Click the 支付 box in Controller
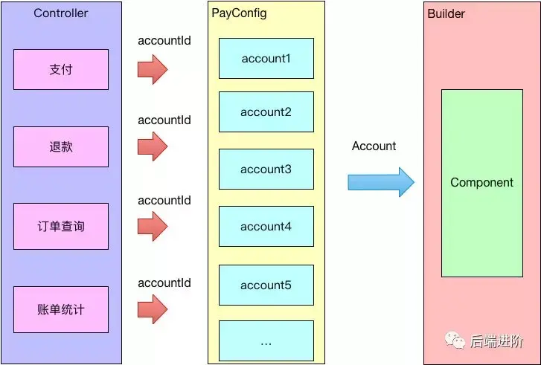(x=61, y=69)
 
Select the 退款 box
(x=61, y=146)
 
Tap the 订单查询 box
(x=61, y=225)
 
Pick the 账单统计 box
(x=61, y=307)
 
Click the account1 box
(x=266, y=58)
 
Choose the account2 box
(x=266, y=112)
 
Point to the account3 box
(x=266, y=169)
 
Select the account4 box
(x=266, y=226)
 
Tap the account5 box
(x=266, y=285)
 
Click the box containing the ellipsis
(x=266, y=340)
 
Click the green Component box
(x=482, y=183)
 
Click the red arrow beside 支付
(x=153, y=69)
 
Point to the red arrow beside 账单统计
(x=153, y=309)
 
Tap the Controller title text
(x=60, y=13)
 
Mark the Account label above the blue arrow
(x=374, y=146)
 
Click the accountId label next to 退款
(x=164, y=120)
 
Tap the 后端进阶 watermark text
(x=496, y=341)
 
